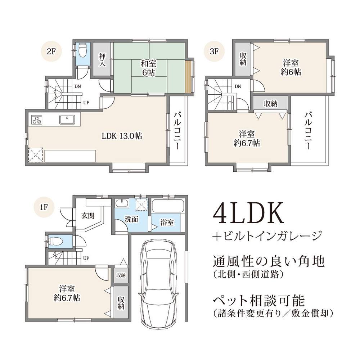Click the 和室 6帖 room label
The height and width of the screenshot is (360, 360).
148,68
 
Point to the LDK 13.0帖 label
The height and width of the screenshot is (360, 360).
122,136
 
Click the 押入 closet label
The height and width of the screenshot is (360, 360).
102,59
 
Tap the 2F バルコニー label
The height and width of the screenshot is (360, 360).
177,130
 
